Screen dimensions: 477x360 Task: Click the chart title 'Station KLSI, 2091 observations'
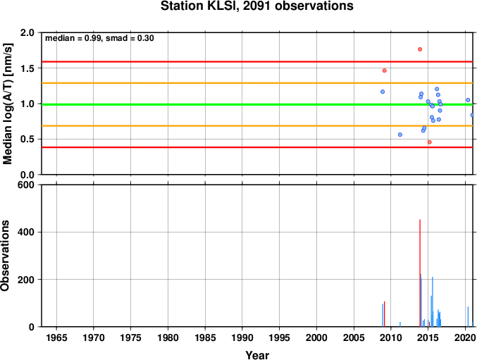(x=256, y=6)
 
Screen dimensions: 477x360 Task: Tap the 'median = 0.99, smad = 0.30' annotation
(x=99, y=38)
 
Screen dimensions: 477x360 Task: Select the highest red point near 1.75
(x=420, y=49)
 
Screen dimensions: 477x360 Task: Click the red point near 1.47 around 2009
(x=384, y=70)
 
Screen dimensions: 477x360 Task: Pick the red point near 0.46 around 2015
(x=429, y=142)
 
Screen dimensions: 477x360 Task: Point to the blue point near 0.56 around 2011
(x=400, y=135)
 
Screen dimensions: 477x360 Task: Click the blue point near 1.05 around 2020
(x=468, y=100)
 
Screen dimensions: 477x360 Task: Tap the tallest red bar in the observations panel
(x=420, y=273)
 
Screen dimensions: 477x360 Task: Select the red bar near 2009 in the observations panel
(x=384, y=314)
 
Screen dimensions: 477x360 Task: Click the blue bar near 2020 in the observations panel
(x=468, y=317)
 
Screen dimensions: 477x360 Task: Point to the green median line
(x=257, y=104)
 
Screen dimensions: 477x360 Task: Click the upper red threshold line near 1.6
(x=257, y=62)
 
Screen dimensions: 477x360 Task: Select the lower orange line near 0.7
(x=257, y=126)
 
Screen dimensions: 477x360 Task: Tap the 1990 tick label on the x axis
(x=242, y=337)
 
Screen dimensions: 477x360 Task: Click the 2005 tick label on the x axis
(x=354, y=337)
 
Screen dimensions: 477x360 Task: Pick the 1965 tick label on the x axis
(x=56, y=337)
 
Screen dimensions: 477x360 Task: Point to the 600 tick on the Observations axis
(x=26, y=185)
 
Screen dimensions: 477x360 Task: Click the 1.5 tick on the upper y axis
(x=27, y=68)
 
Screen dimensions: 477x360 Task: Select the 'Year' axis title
(x=257, y=355)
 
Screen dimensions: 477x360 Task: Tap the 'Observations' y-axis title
(x=5, y=256)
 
